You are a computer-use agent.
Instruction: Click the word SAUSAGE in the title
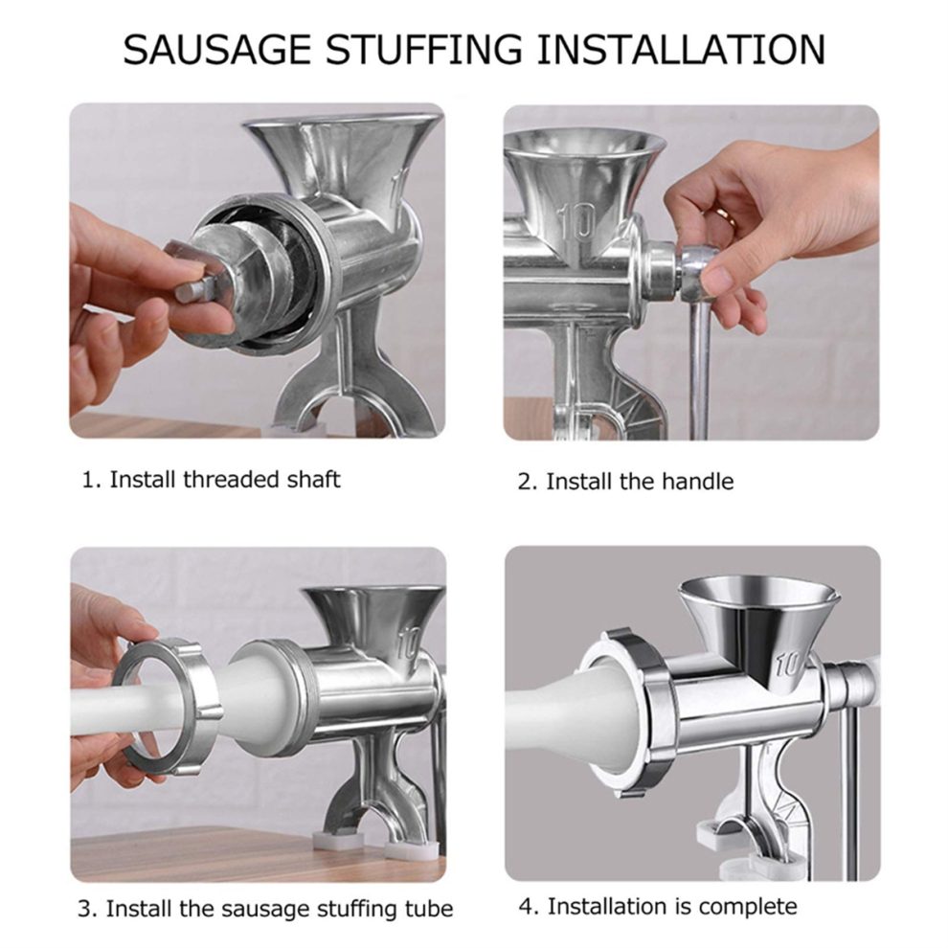click(216, 50)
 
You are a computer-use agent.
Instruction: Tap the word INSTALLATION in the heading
click(681, 50)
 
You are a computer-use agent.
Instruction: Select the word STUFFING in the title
click(424, 50)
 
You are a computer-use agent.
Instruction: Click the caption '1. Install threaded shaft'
click(211, 480)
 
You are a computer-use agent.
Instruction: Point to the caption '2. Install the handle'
click(625, 482)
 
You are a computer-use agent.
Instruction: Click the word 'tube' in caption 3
click(429, 908)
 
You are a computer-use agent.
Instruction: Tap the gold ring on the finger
click(724, 215)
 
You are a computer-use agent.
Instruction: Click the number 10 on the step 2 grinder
click(577, 222)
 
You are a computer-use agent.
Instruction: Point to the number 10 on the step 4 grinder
click(789, 664)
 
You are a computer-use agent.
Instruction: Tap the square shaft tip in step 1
click(192, 291)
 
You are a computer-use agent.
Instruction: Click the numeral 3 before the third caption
click(84, 908)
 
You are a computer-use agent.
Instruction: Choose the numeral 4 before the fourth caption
click(526, 906)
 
